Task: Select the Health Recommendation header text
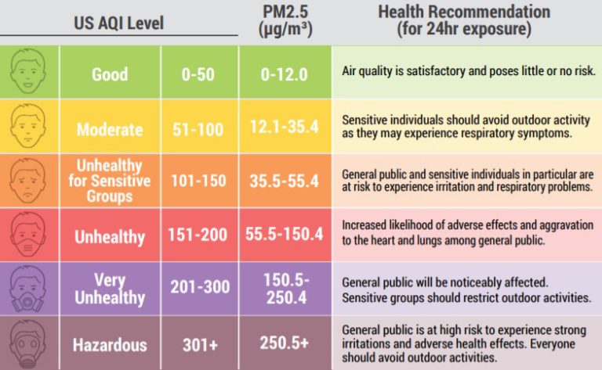[463, 20]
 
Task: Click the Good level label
[110, 75]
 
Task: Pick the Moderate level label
[110, 129]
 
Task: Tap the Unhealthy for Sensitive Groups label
[110, 181]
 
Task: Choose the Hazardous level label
[110, 344]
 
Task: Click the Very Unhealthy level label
[110, 289]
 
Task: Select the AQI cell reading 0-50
[198, 75]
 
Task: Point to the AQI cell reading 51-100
[198, 129]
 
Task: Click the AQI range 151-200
[198, 235]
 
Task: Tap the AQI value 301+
[198, 344]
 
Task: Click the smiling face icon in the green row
[28, 72]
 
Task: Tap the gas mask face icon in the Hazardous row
[28, 343]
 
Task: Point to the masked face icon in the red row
[28, 234]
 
